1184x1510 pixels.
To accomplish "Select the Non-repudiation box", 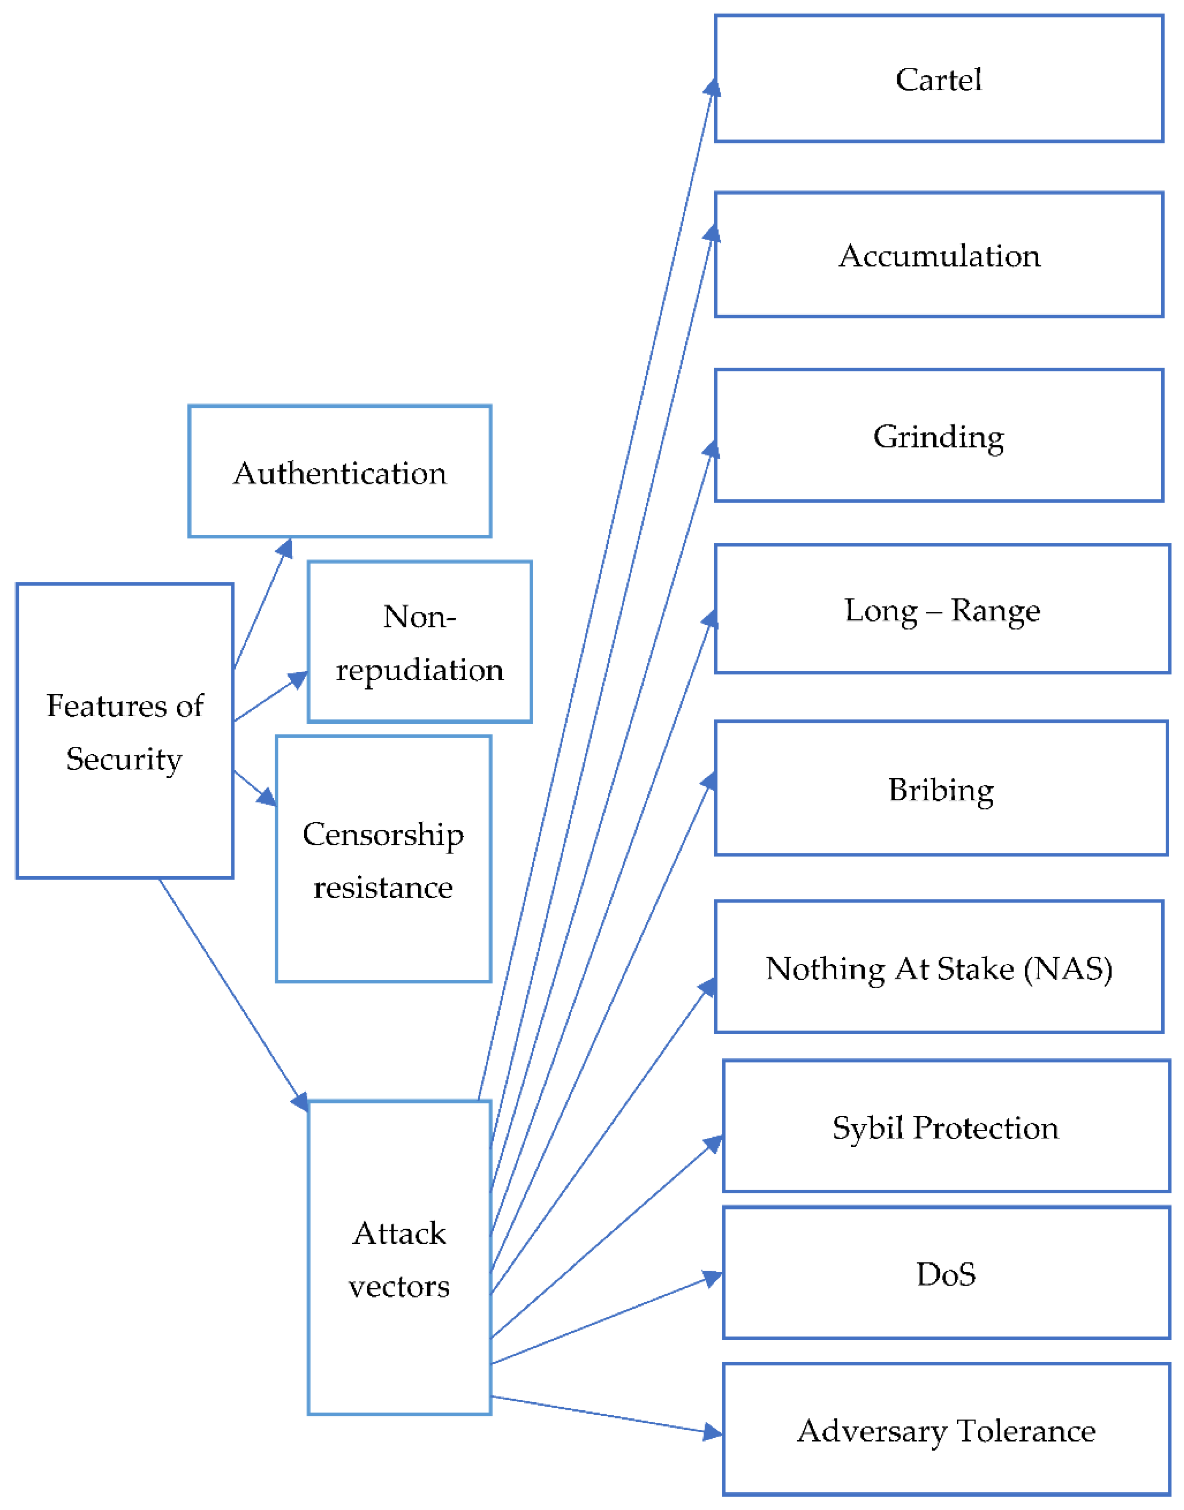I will pos(419,643).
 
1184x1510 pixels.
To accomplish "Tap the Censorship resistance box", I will pos(384,860).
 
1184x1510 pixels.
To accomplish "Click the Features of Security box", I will pos(125,731).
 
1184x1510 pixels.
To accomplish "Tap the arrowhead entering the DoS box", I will pos(713,1278).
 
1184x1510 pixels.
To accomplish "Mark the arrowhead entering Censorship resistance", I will pos(267,797).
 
